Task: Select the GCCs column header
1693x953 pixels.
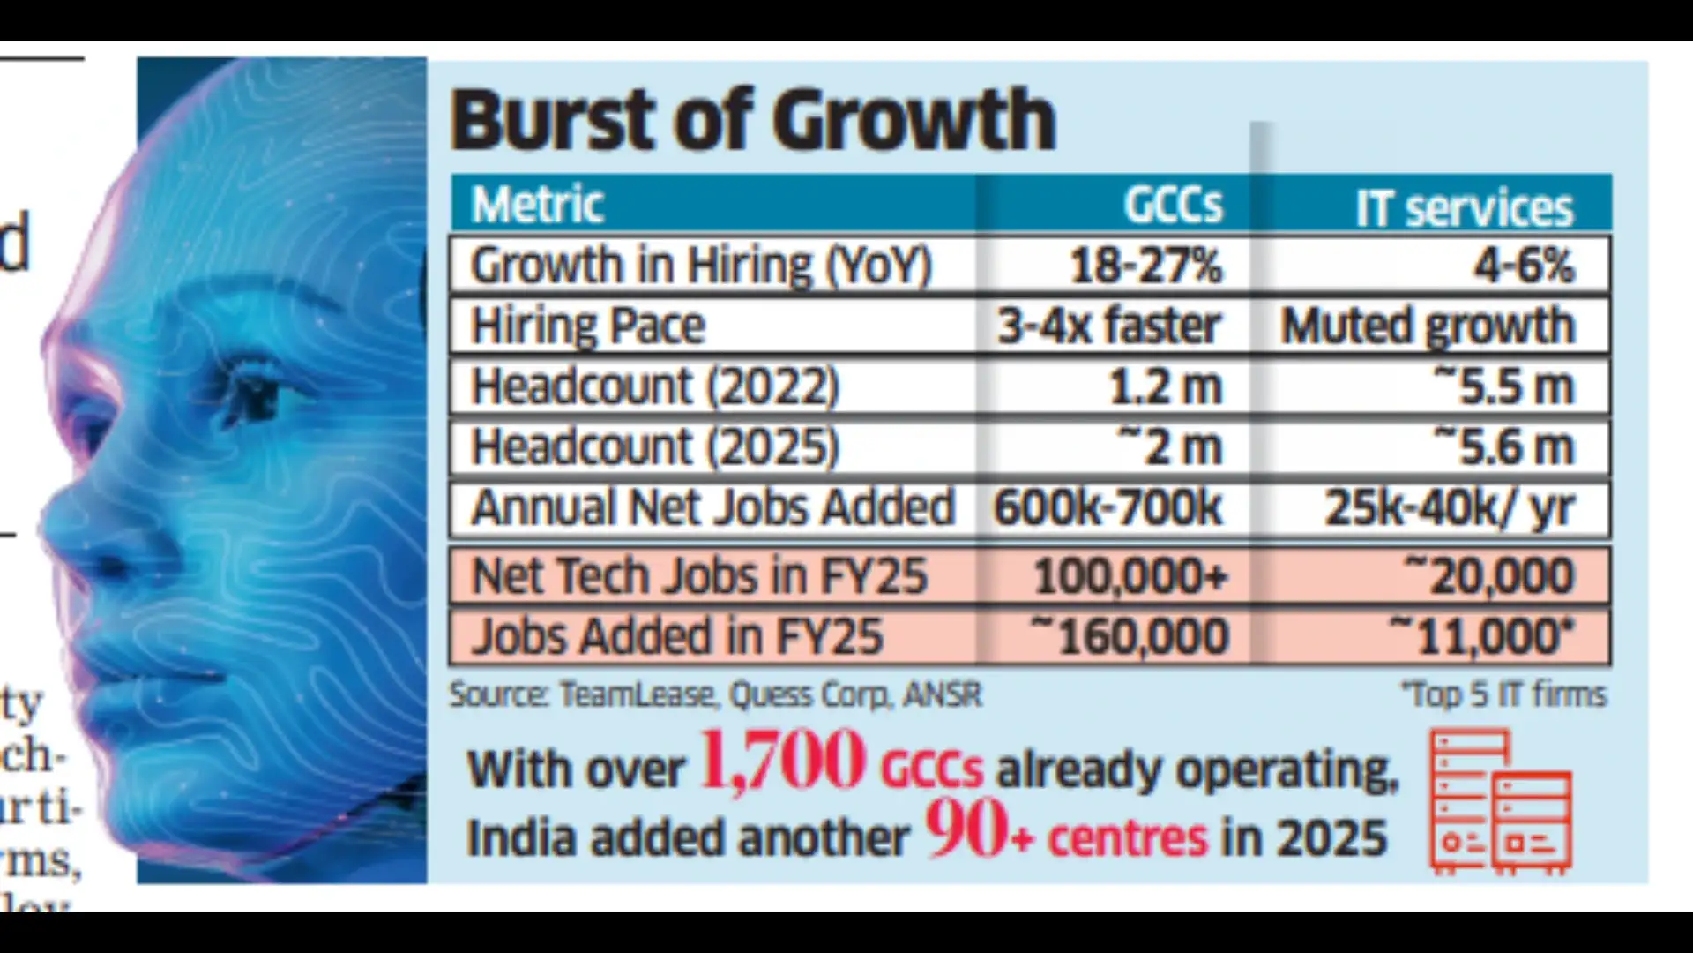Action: pos(1172,206)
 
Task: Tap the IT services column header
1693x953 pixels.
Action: pos(1463,208)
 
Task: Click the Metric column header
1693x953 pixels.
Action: pos(537,206)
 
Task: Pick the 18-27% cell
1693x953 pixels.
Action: pos(1145,266)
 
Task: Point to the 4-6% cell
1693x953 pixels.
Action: pos(1524,266)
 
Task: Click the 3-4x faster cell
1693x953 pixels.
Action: pos(1109,326)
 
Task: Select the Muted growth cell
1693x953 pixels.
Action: pos(1427,326)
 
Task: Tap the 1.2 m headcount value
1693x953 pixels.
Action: pos(1165,387)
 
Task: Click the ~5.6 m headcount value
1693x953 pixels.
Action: pos(1503,446)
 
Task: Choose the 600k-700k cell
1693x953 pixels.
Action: pos(1108,507)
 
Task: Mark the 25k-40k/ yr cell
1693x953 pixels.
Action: pos(1449,508)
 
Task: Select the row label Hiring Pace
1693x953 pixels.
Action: pos(588,326)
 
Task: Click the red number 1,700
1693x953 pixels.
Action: pos(781,761)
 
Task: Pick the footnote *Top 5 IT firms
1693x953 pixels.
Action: pos(1504,695)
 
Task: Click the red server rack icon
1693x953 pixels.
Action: pos(1500,801)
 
